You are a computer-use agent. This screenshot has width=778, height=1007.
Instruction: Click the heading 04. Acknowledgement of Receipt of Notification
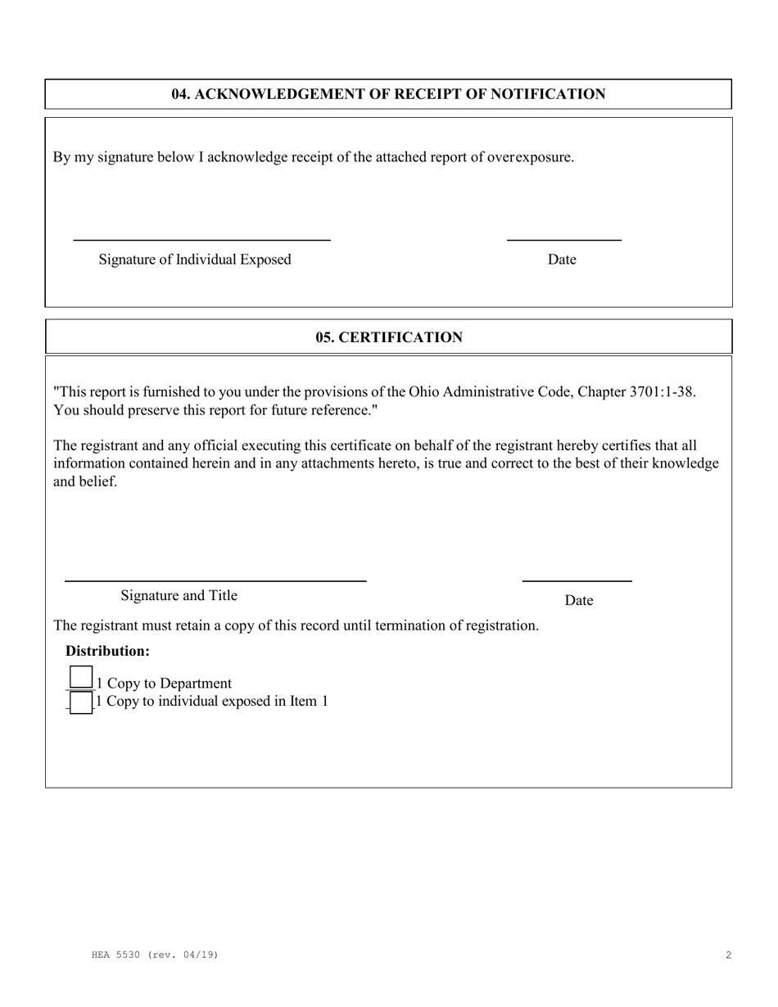[x=388, y=94]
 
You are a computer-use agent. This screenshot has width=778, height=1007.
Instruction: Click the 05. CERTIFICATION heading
[x=389, y=337]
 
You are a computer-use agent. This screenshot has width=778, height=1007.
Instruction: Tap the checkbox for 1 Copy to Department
[x=80, y=678]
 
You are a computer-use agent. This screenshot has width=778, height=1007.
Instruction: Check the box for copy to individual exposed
[x=80, y=702]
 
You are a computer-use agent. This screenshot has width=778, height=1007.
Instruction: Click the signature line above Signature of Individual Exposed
[x=201, y=239]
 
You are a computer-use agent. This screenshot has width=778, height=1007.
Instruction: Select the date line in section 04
[x=564, y=239]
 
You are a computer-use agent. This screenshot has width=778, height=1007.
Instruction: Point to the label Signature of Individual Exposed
[x=195, y=260]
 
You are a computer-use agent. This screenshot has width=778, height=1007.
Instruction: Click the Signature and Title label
[x=179, y=595]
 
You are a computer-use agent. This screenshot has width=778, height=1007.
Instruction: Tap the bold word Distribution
[x=107, y=651]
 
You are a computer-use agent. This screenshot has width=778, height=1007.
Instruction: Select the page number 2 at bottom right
[x=728, y=955]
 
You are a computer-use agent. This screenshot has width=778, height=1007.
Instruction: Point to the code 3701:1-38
[x=662, y=391]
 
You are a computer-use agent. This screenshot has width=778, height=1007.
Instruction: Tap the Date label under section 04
[x=562, y=260]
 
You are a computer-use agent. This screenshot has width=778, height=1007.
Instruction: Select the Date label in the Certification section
[x=578, y=600]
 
